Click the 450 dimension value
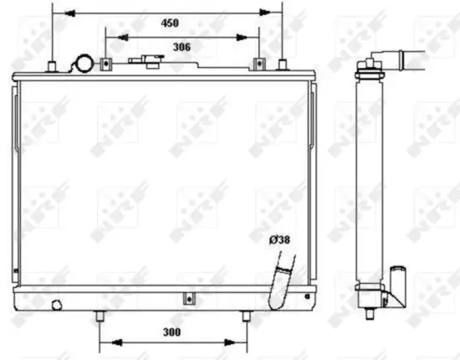(x=169, y=23)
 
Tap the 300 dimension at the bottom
(x=172, y=332)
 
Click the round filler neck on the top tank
(x=84, y=64)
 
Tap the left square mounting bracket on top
(x=106, y=65)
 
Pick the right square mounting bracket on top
(x=258, y=65)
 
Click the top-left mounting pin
(x=53, y=67)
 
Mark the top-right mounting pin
(x=283, y=67)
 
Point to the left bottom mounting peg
(x=100, y=316)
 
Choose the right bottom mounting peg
(x=246, y=316)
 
